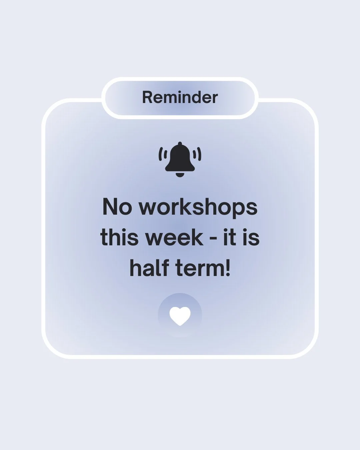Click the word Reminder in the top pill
point(180,98)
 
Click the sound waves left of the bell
point(162,154)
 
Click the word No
point(117,207)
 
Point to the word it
point(229,238)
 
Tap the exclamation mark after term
point(228,268)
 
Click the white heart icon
point(180,316)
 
